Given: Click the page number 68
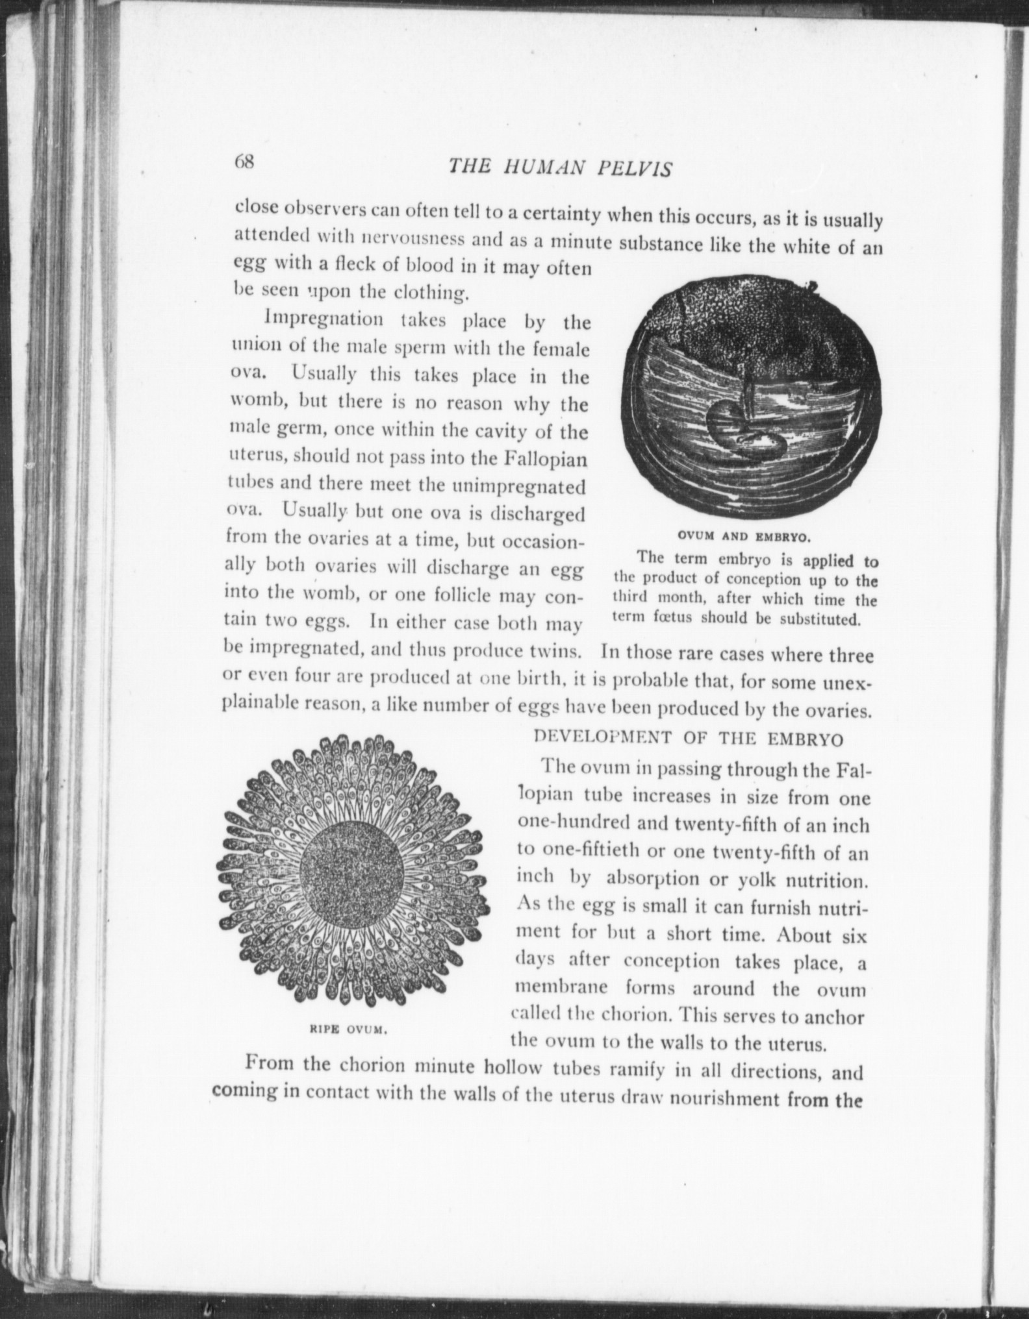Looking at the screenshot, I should [x=246, y=162].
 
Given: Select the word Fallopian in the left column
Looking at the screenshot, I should [x=546, y=459].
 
